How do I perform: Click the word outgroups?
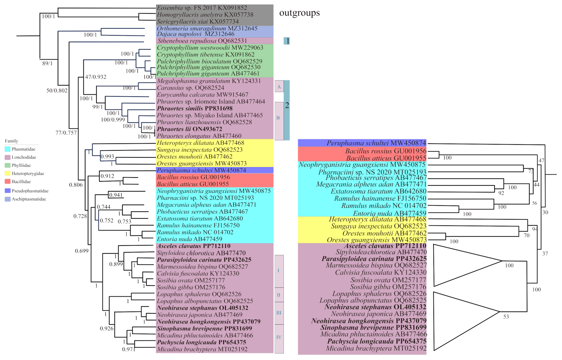click(299, 13)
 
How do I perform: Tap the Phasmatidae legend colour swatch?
click(8, 149)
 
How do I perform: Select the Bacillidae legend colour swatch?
click(8, 181)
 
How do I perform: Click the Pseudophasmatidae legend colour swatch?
click(8, 191)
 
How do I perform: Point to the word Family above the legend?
click(11, 141)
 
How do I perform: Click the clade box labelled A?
click(279, 86)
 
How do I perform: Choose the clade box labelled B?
click(279, 121)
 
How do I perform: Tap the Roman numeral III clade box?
click(279, 313)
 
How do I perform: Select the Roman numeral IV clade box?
click(279, 338)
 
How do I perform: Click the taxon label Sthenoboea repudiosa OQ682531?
click(202, 41)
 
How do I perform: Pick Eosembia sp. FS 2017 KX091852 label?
click(202, 8)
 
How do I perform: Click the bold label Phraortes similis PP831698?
click(195, 109)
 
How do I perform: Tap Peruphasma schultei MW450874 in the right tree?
click(376, 143)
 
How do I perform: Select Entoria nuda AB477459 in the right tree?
click(389, 213)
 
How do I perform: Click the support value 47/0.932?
click(96, 77)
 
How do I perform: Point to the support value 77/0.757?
click(66, 133)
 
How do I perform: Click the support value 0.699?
click(82, 251)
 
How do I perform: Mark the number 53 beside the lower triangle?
click(506, 317)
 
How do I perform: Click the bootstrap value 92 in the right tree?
click(501, 193)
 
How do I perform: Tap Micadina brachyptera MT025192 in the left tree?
click(202, 349)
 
